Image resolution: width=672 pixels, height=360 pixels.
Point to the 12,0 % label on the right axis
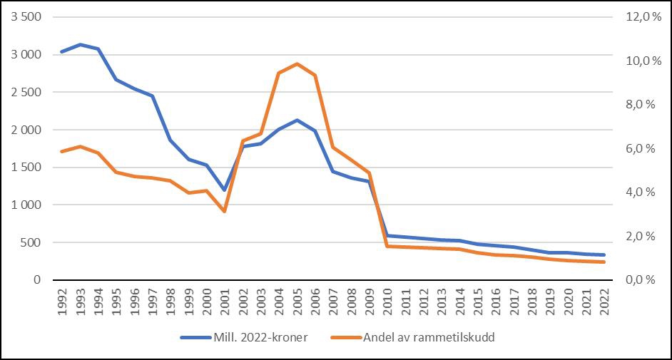(640, 17)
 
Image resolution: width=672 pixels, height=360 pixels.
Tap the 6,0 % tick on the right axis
(640, 149)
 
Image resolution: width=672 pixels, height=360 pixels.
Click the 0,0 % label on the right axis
(640, 280)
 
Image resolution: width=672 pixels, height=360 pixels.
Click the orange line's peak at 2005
(297, 64)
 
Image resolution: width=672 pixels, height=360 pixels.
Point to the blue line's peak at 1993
(80, 44)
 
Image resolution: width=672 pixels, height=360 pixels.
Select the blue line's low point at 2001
(225, 190)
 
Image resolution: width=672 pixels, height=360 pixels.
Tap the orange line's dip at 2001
(225, 211)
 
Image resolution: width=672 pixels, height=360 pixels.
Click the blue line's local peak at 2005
(297, 120)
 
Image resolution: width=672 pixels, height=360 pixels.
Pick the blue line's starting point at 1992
(62, 52)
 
